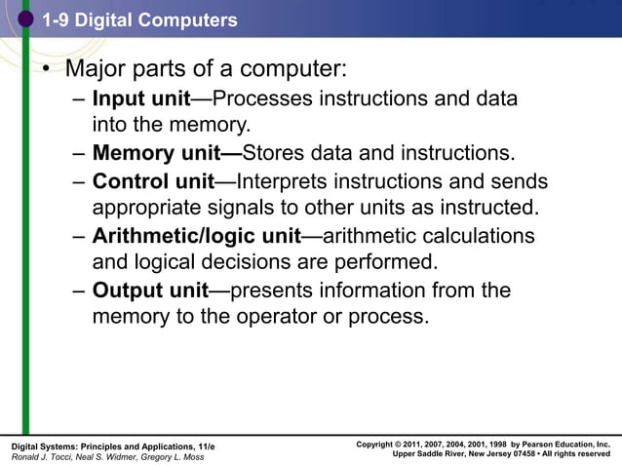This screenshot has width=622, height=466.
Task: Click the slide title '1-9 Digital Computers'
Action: [139, 19]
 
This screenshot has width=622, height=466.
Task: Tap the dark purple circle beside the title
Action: [27, 19]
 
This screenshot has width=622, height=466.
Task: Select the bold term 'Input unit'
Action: [141, 99]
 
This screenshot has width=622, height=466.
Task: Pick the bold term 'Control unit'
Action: [153, 181]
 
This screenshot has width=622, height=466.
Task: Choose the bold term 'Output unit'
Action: [151, 290]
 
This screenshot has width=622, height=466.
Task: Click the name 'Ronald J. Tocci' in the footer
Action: [40, 456]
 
